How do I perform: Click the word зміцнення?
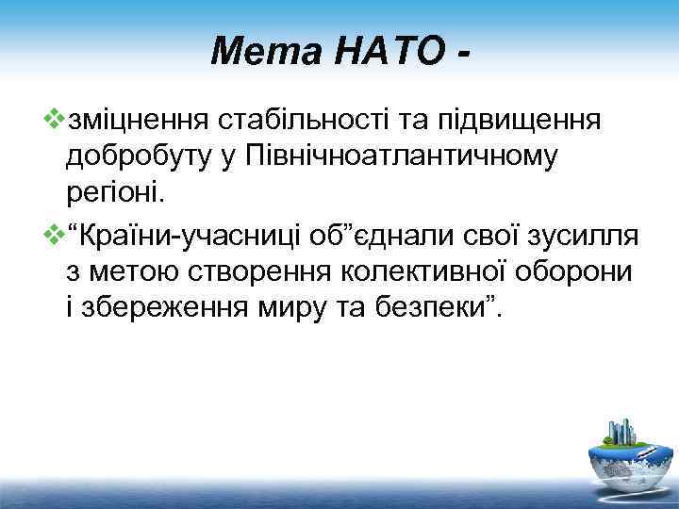coord(139,121)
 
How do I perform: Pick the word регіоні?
coord(115,193)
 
